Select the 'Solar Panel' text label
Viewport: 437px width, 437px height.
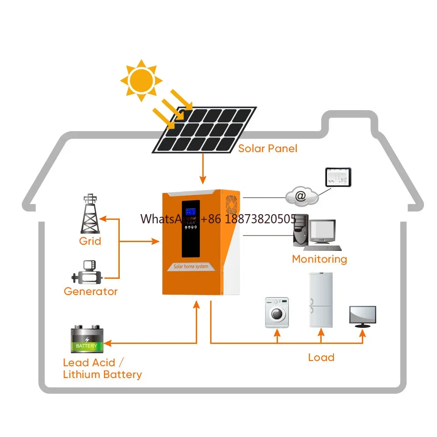(x=267, y=149)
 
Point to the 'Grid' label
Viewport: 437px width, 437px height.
(x=90, y=241)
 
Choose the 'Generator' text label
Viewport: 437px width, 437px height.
(x=90, y=291)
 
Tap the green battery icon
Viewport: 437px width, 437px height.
(x=87, y=340)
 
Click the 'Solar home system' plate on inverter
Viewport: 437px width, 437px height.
(x=191, y=266)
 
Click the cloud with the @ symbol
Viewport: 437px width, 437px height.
(x=302, y=196)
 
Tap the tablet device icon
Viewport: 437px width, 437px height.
(x=338, y=177)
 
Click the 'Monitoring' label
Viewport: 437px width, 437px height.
(x=319, y=259)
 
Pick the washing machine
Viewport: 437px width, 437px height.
(x=277, y=312)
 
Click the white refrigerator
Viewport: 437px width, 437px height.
(x=321, y=300)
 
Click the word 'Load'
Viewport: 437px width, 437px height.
(x=321, y=357)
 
